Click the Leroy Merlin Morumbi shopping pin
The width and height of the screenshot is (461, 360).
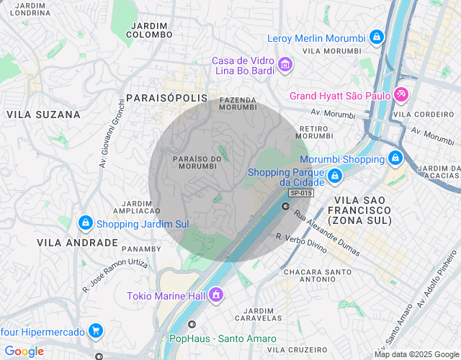[x=376, y=37]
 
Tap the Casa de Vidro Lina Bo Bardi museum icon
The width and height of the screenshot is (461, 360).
[x=285, y=66]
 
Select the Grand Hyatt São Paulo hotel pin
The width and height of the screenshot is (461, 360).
[x=401, y=95]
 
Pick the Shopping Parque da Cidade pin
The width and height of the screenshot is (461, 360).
[x=334, y=176]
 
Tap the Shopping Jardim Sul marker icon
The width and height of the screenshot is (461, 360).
[x=85, y=223]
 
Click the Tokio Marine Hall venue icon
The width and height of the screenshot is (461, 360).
[x=215, y=295]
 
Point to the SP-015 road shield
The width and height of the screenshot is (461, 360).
[x=300, y=193]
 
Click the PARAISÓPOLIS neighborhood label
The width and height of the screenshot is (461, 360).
[x=166, y=97]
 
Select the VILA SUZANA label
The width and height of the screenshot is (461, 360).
[x=43, y=114]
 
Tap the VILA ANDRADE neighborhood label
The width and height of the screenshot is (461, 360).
[x=77, y=243]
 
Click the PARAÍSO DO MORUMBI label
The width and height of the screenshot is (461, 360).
[x=196, y=162]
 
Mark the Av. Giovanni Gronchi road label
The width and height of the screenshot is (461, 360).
[x=112, y=132]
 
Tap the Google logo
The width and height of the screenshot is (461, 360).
[x=24, y=351]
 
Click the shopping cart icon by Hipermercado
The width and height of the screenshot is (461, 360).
[x=95, y=331]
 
